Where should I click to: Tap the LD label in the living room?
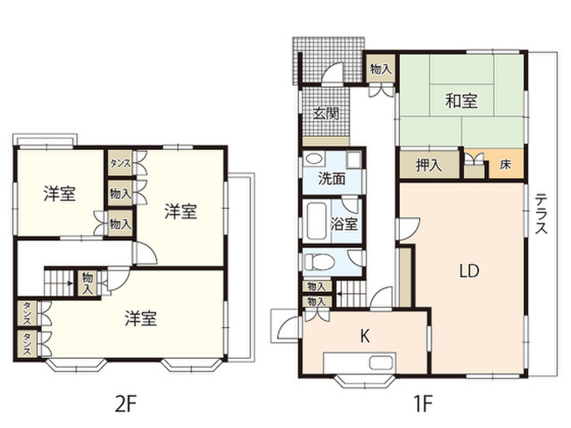(469, 271)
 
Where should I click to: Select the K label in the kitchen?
(365, 335)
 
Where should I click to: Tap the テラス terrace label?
(540, 213)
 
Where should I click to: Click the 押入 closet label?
(429, 166)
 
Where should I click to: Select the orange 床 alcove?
(506, 165)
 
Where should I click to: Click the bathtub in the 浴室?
(316, 222)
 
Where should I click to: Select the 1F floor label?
(420, 401)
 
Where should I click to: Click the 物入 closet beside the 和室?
(381, 69)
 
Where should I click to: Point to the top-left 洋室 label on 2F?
(60, 193)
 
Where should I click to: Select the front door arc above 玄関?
(333, 74)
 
